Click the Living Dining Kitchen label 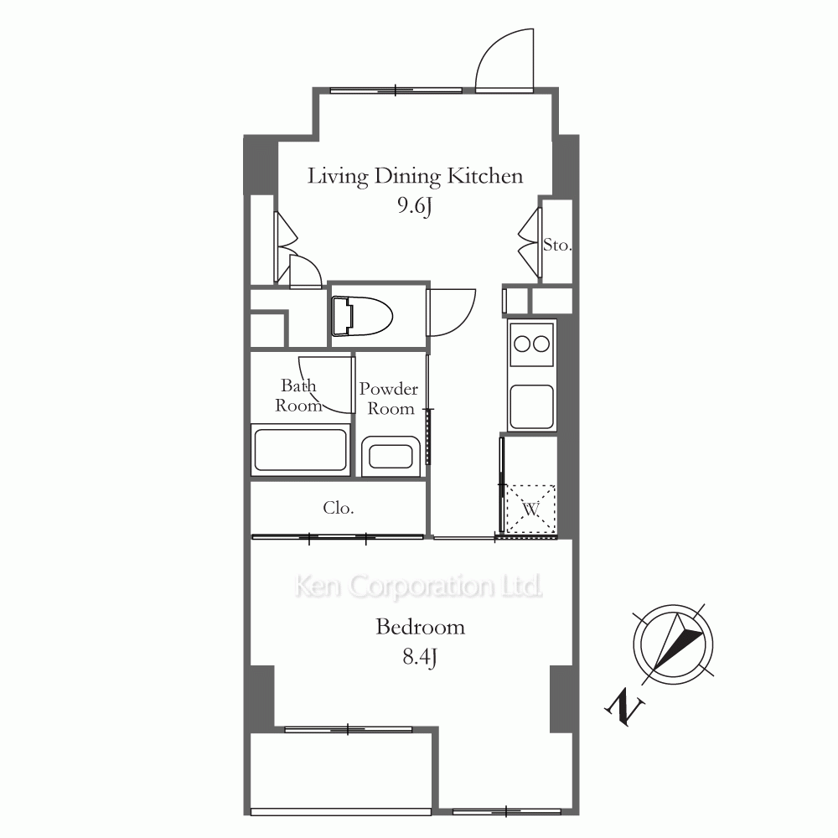click(x=415, y=176)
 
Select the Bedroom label click(x=420, y=627)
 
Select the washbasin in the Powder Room click(x=391, y=458)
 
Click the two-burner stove click(x=531, y=344)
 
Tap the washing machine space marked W click(x=530, y=509)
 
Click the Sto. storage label click(x=557, y=246)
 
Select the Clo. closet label click(x=339, y=508)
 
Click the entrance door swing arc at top click(x=504, y=59)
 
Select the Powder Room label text click(x=389, y=399)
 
